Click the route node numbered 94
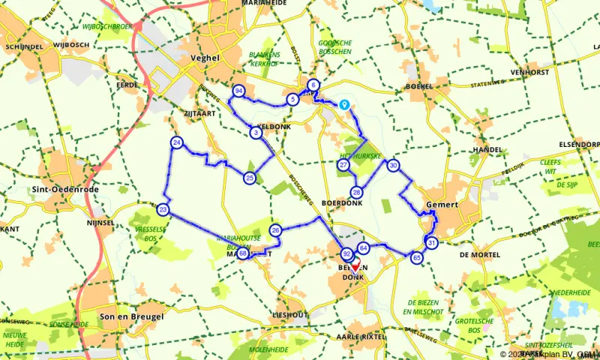point(238,91)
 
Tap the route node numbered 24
point(176,142)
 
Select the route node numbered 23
point(163,209)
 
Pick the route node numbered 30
point(393,166)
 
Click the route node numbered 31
point(431,242)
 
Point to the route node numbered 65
point(417,257)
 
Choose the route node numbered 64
point(363,247)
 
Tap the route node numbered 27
point(343,165)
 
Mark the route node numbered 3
point(256,133)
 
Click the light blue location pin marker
point(344,106)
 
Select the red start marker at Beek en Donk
point(355,265)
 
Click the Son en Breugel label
point(131,316)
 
